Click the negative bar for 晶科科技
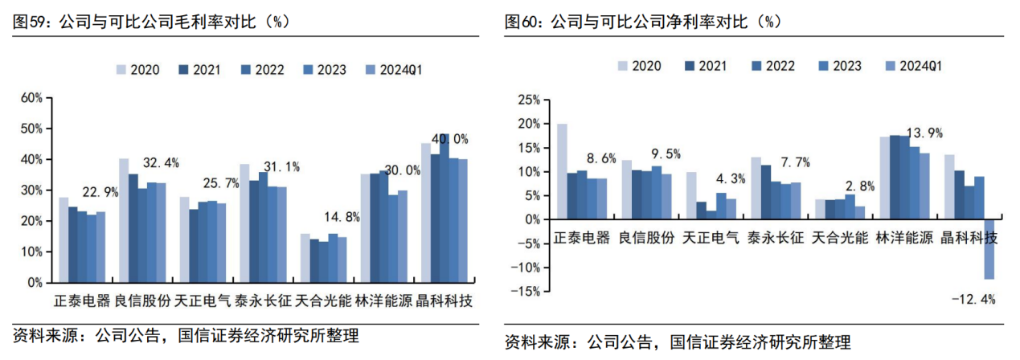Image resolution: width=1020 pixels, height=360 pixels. tap(989, 249)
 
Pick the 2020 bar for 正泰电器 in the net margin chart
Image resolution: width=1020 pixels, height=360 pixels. tap(562, 171)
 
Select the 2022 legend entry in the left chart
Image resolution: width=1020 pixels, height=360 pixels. tap(262, 70)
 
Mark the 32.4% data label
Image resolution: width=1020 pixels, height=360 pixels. tap(159, 163)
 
